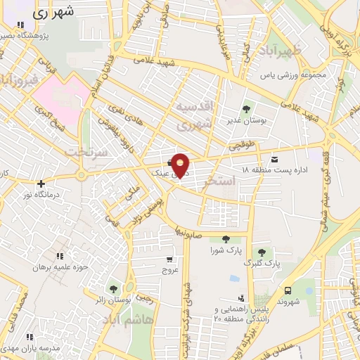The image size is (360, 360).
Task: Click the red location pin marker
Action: point(181,165)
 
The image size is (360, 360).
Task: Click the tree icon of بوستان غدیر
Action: point(246,109)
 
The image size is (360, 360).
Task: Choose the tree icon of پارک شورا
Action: point(225,239)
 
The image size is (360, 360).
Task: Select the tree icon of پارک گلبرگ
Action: point(262,252)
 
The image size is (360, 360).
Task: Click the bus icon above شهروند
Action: point(288,290)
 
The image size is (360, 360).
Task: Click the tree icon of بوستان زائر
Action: point(112,288)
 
